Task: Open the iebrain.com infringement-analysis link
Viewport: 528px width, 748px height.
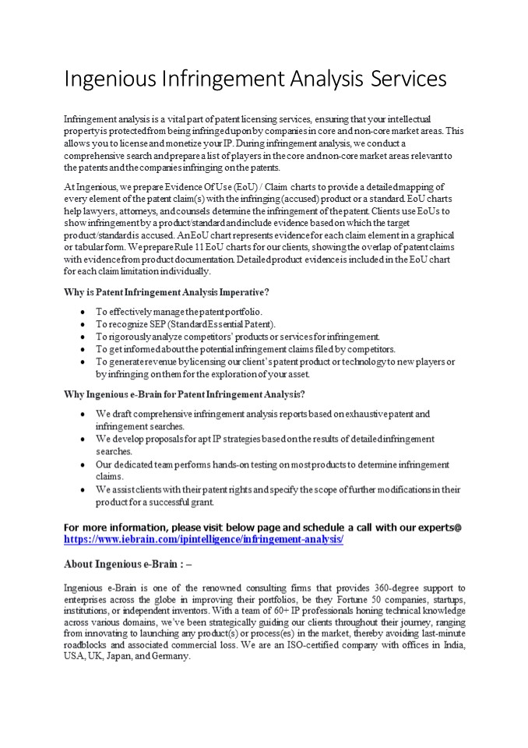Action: point(203,538)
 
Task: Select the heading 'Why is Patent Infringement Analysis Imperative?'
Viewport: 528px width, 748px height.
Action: point(167,292)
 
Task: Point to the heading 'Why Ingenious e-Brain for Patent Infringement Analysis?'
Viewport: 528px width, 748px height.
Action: point(184,394)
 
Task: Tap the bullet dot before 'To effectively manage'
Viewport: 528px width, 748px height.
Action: point(83,312)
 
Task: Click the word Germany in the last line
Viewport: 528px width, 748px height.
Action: point(171,656)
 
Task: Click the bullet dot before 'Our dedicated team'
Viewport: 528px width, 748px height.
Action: point(83,464)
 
